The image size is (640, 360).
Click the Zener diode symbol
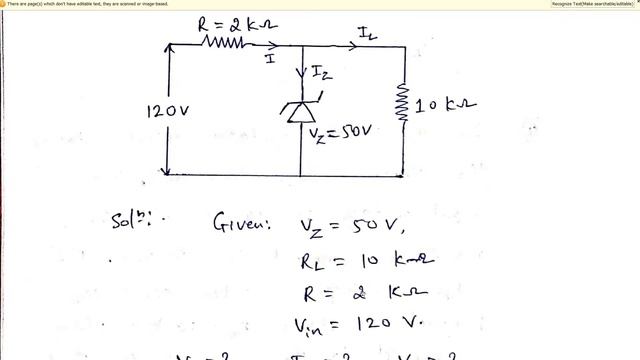coord(300,110)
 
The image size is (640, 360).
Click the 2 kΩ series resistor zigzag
coord(224,43)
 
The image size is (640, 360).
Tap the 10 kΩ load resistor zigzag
coord(404,103)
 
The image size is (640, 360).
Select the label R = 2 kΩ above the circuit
coord(229,22)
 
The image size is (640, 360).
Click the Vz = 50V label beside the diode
coord(339,132)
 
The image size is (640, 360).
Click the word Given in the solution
coord(240,225)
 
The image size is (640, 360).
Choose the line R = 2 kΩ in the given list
coord(351,294)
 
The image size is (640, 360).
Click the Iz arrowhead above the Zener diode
coord(301,72)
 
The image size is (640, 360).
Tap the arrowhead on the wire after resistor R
coord(288,45)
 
